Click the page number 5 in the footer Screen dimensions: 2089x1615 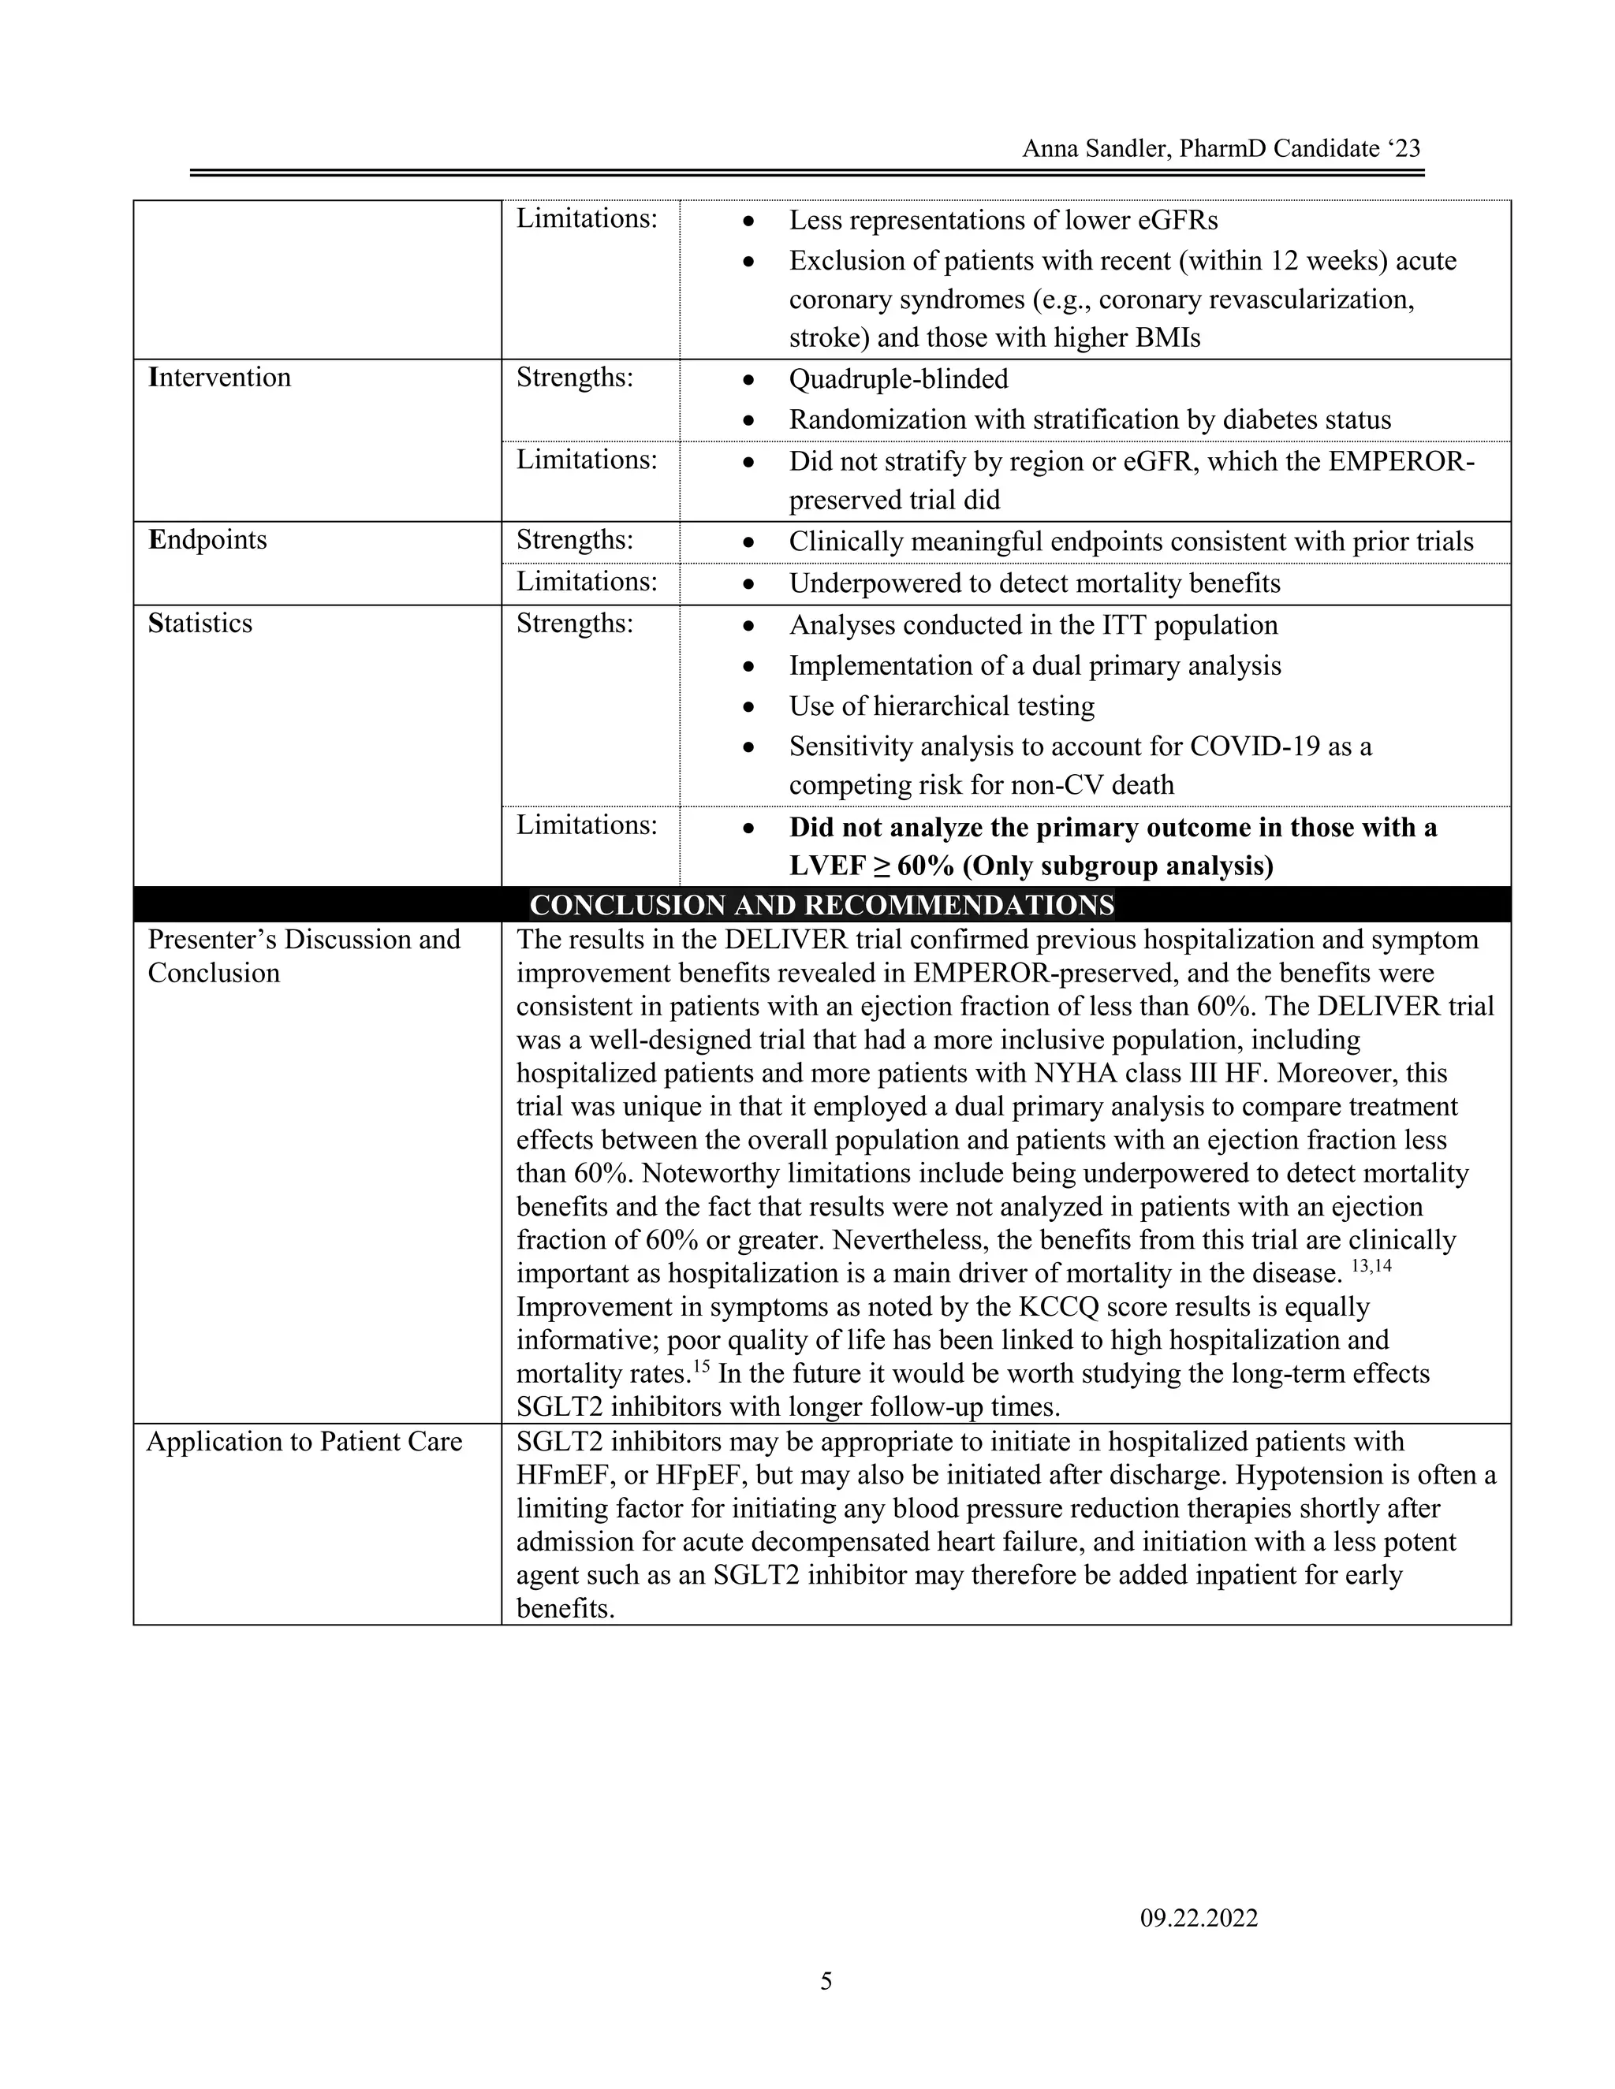(x=826, y=1981)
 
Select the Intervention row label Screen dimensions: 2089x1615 (x=219, y=377)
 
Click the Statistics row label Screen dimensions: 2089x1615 (x=200, y=623)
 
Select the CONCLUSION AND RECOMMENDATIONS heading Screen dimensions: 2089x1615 (x=822, y=905)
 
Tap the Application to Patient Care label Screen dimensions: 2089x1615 (x=304, y=1442)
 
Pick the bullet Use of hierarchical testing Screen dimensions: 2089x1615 (x=942, y=706)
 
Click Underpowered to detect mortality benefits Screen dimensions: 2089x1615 (x=1035, y=583)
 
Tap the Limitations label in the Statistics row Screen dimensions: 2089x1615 (x=587, y=825)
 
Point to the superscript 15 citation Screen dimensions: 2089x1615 (x=700, y=1366)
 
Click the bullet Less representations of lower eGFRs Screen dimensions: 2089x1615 (x=1003, y=220)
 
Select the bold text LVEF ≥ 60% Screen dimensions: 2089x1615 (x=871, y=866)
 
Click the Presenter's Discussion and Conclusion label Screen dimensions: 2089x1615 (x=304, y=955)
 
